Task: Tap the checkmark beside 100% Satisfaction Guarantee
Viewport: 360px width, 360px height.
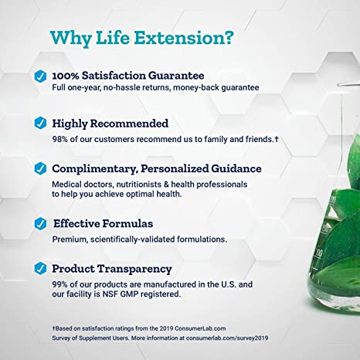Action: click(x=39, y=76)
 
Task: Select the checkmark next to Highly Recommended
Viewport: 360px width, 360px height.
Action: click(x=39, y=122)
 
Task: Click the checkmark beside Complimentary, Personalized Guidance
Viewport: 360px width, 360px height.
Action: click(x=39, y=168)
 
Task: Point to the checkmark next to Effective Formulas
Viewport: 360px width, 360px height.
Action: click(x=39, y=223)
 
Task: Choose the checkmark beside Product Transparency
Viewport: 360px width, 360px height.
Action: click(x=39, y=269)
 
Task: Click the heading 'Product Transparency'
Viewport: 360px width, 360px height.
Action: click(x=111, y=269)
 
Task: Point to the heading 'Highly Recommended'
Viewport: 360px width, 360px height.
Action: click(x=107, y=122)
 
